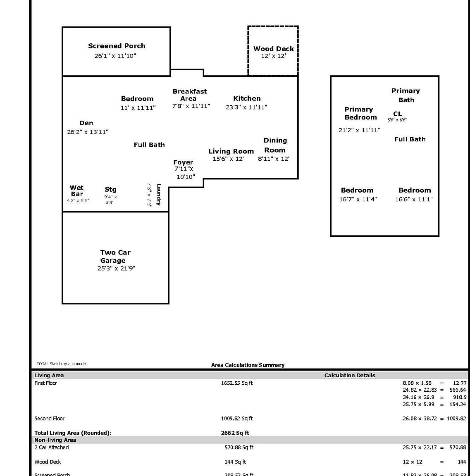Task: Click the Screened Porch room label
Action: pos(117,46)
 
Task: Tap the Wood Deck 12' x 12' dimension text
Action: pos(273,56)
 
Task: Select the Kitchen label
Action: pos(247,98)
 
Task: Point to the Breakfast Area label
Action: pos(189,95)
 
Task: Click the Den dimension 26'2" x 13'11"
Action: pos(88,132)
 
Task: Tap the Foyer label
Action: pos(183,162)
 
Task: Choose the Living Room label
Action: pos(231,151)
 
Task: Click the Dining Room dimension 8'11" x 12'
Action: pos(273,159)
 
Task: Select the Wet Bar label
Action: pos(76,190)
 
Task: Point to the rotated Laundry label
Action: pos(159,195)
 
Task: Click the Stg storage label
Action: pos(110,189)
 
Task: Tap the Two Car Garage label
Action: pos(115,256)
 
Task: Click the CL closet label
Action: pos(397,114)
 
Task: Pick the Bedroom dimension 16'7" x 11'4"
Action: pos(358,199)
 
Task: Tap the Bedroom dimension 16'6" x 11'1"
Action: pos(414,199)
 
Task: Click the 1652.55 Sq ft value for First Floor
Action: pos(236,383)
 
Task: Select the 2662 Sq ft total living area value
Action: pos(235,433)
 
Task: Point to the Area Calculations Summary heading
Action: pos(248,365)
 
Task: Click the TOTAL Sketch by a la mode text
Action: pos(61,364)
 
